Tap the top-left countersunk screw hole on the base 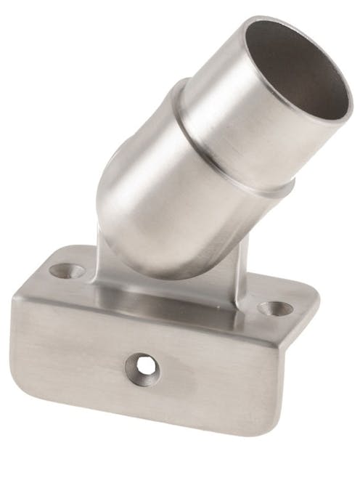point(65,271)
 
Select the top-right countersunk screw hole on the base point(275,308)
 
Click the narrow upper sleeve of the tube point(240,109)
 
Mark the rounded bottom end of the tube point(138,254)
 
